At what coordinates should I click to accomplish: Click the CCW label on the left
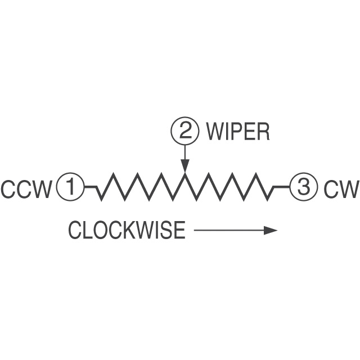(26, 189)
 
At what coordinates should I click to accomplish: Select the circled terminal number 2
(185, 132)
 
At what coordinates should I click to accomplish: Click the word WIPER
(237, 132)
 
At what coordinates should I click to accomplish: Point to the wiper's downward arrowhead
(185, 166)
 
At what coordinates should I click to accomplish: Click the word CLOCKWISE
(127, 230)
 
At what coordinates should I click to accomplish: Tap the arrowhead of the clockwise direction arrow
(272, 230)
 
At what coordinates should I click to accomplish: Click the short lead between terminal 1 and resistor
(91, 187)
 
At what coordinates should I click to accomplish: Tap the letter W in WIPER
(215, 132)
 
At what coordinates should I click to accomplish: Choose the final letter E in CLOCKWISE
(179, 230)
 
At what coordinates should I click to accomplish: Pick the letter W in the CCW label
(42, 189)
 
